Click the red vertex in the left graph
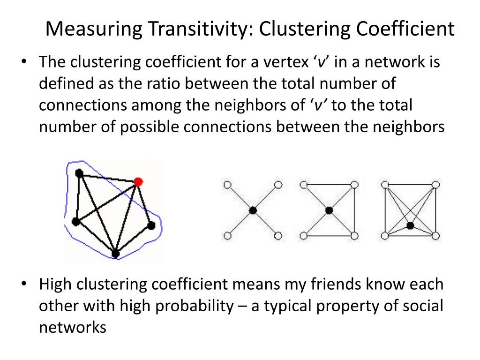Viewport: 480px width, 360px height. click(x=137, y=181)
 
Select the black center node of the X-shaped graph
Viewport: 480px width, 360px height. click(x=253, y=210)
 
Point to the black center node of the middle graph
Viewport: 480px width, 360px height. click(x=329, y=210)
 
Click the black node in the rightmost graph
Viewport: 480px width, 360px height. click(x=410, y=225)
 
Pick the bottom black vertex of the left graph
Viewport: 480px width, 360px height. click(x=115, y=254)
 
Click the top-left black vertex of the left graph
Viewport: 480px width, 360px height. click(x=79, y=173)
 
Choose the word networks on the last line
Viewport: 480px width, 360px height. click(x=73, y=327)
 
